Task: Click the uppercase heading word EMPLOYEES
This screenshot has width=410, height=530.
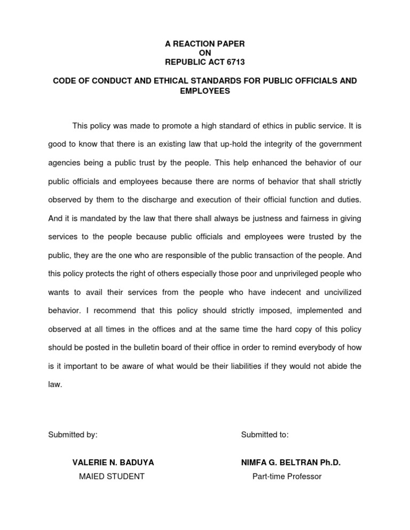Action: [x=205, y=91]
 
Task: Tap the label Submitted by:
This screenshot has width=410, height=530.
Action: [x=73, y=435]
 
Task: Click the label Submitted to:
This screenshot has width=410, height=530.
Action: [x=265, y=435]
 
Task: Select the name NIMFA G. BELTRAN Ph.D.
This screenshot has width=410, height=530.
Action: [x=291, y=462]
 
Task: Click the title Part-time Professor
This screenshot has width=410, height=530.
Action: [x=287, y=476]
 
